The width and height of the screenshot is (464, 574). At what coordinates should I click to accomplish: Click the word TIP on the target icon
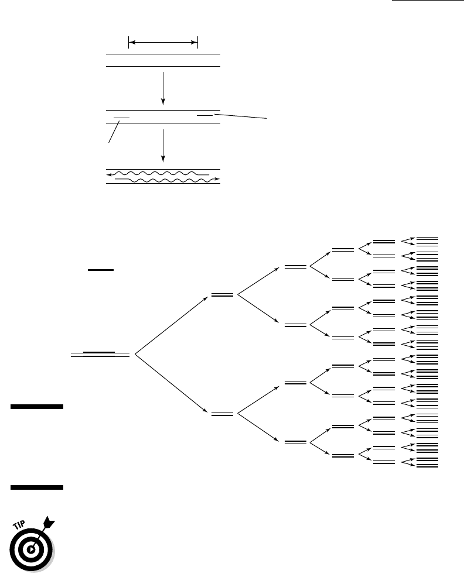[19, 525]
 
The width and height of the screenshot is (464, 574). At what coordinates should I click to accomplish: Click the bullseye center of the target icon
[32, 549]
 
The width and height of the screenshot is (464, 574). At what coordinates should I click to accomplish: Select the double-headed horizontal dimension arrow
[163, 43]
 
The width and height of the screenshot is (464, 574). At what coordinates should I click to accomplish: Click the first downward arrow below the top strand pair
[163, 88]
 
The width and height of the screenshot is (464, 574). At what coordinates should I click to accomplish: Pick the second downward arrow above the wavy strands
[163, 146]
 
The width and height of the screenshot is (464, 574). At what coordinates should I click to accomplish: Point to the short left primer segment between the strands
[122, 118]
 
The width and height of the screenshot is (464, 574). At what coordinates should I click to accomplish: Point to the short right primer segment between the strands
[205, 115]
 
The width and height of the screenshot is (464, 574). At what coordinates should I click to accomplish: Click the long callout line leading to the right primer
[240, 116]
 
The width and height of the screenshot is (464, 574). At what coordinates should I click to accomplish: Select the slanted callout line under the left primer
[114, 132]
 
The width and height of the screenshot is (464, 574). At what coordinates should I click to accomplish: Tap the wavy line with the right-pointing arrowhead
[168, 180]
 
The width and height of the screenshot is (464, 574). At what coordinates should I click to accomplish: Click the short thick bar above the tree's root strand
[101, 270]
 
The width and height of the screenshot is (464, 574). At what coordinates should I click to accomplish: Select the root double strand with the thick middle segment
[100, 355]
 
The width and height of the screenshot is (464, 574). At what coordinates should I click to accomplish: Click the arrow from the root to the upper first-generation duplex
[172, 325]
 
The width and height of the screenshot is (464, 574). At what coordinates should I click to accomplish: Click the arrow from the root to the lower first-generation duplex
[172, 384]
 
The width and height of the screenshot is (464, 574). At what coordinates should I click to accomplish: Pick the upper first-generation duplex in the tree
[222, 295]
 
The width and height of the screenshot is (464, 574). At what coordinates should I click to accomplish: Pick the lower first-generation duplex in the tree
[222, 414]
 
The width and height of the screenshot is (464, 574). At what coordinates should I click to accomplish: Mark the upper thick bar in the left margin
[37, 406]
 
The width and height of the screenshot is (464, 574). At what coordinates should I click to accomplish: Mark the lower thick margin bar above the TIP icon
[37, 487]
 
